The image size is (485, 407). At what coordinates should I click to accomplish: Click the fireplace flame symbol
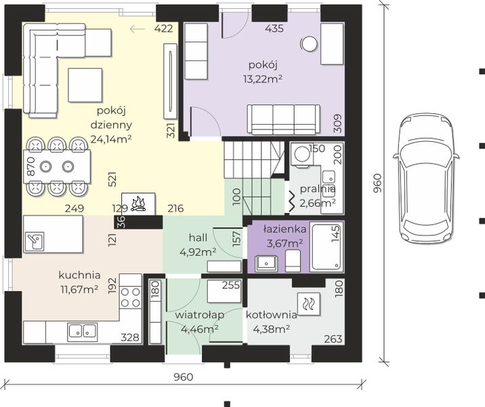coord(139,203)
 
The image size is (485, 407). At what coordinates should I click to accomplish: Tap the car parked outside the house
coord(425,178)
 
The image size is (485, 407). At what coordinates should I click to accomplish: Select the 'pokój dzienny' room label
coord(111,118)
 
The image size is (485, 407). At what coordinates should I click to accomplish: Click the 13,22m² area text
coord(263,79)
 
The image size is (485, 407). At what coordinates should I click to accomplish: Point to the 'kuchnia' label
coord(79,275)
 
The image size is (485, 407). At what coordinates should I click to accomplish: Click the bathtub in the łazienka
coord(328,247)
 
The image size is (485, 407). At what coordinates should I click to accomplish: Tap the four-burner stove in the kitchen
coord(130,296)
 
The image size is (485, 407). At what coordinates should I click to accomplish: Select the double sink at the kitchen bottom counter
coord(83,330)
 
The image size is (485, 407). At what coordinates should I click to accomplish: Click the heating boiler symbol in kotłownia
coord(308,304)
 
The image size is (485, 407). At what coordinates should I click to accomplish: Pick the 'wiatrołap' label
coord(200,315)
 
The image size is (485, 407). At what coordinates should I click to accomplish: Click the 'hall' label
coord(198,238)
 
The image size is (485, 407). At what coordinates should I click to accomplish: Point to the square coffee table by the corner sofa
coord(85,85)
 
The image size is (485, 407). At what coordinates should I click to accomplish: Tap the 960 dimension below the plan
coord(183,377)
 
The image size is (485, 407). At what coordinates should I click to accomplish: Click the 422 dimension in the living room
coord(163,28)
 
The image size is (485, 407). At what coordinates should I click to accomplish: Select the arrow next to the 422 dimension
coord(138,29)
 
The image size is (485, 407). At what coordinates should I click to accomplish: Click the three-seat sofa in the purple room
coord(284,119)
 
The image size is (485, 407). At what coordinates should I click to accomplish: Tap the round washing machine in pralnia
coord(302,154)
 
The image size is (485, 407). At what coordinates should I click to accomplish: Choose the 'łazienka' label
coord(285,229)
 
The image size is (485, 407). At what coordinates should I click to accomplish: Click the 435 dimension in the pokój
coord(274,28)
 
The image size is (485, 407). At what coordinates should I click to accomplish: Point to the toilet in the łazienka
coord(293,261)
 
